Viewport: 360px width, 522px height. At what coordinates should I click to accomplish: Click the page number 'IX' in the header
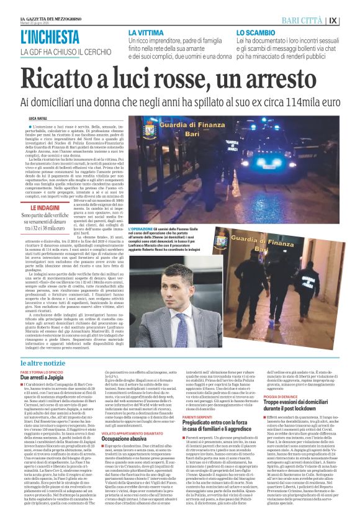pos(351,20)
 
